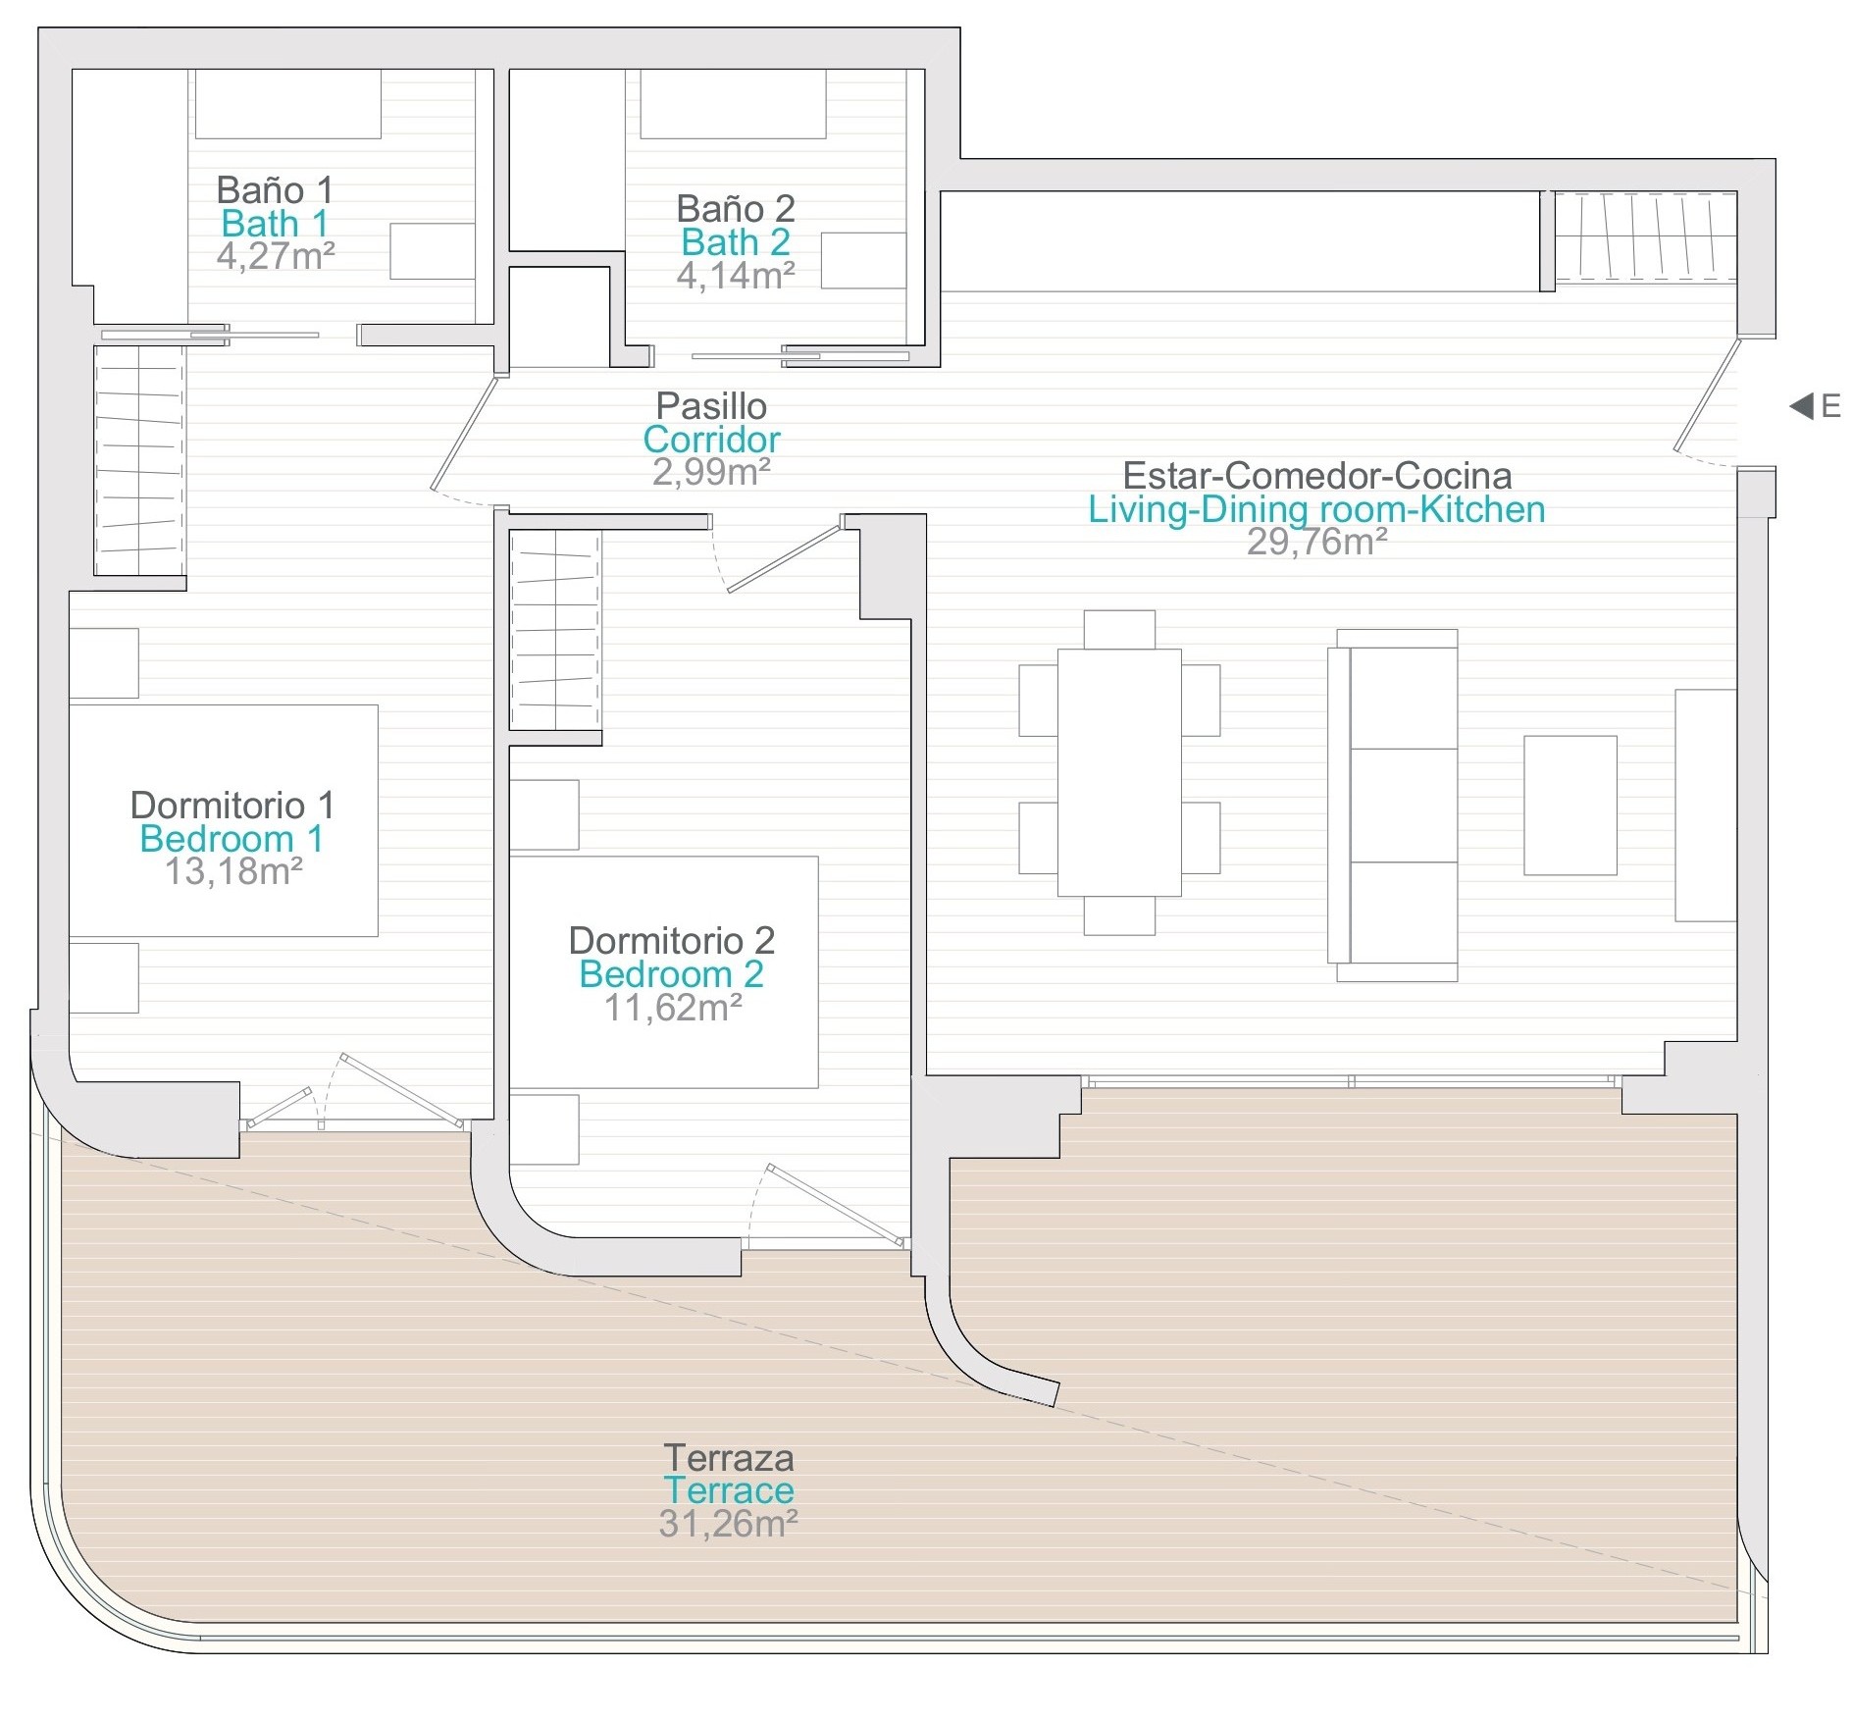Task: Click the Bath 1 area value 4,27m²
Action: (276, 256)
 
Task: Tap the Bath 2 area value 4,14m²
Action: (736, 276)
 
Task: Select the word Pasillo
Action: (711, 405)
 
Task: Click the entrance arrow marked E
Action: (1801, 405)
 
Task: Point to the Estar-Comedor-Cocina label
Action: (1316, 476)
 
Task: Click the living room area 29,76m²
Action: (1316, 542)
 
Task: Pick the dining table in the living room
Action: (1119, 772)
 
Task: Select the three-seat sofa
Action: (1393, 806)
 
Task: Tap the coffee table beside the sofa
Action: (1569, 805)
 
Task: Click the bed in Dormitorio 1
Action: (224, 820)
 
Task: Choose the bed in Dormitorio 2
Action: (664, 972)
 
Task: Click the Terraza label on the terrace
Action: (729, 1458)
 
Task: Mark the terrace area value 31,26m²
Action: (729, 1524)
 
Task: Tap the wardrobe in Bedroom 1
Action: (139, 460)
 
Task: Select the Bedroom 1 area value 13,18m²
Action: (233, 871)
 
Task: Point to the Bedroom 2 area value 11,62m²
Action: (673, 1008)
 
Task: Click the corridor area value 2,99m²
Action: (711, 472)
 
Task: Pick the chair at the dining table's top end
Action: (1119, 629)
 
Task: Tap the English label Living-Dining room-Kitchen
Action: (1316, 509)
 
